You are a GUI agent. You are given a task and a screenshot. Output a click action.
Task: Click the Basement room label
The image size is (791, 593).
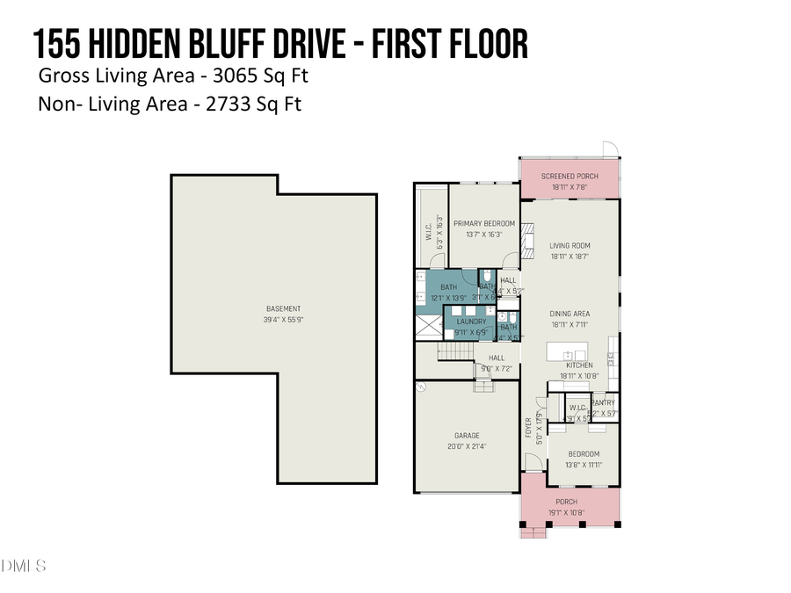coord(283,308)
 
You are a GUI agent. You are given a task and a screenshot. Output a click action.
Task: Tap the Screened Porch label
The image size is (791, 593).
coord(570,177)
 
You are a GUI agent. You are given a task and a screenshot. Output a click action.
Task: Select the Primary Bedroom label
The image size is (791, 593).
coord(484,224)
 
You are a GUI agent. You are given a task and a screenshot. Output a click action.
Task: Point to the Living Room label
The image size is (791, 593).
coord(570,246)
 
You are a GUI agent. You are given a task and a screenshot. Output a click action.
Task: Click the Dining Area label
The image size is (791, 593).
coord(570,314)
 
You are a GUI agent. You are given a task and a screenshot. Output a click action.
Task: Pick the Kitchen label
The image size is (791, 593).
coord(579,365)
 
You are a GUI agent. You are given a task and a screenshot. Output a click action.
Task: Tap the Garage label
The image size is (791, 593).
coord(466,436)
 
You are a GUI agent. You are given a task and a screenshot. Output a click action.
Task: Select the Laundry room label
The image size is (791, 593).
coord(471,322)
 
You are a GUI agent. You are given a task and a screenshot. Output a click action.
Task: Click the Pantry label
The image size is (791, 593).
coord(603,403)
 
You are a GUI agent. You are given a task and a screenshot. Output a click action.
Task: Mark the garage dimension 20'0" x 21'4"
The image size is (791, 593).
coord(466,446)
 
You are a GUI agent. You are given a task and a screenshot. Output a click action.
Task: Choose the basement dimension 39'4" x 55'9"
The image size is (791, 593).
coord(283,320)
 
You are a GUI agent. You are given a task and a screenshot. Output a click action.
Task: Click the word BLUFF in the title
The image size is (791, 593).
coord(228,44)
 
